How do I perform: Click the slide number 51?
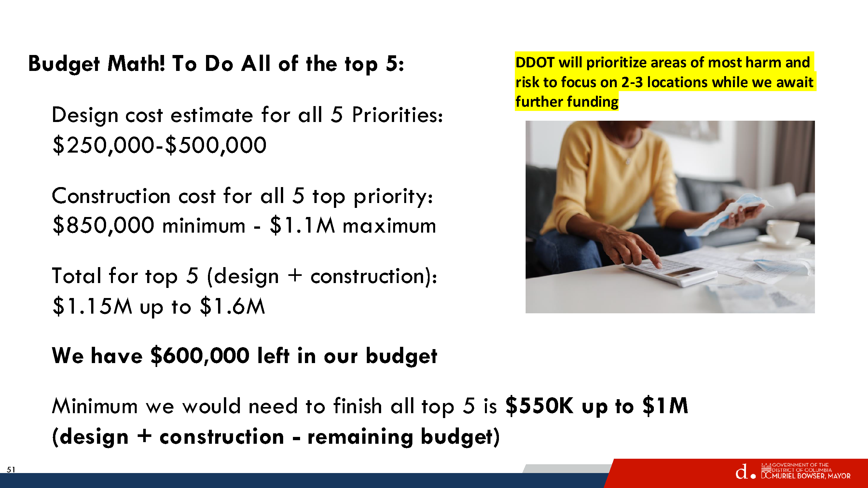11,469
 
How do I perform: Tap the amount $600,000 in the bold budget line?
200,356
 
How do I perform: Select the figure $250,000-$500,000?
159,145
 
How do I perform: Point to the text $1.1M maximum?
353,225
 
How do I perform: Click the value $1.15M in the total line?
92,306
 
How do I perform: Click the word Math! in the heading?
136,64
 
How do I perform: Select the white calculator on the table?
670,272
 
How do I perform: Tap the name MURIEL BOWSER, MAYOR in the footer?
811,476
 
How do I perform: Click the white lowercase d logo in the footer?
742,471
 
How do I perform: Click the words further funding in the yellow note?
567,102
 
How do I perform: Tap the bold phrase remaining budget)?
403,437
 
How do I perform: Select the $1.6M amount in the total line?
232,306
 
